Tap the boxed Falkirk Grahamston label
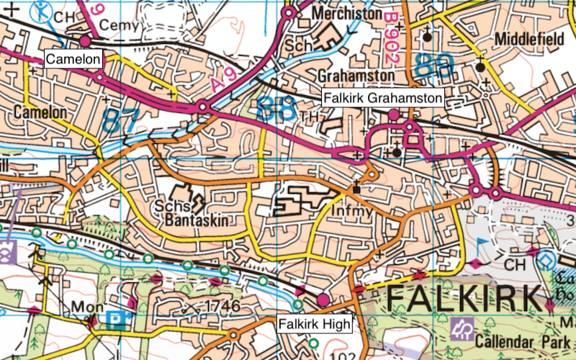click(382, 97)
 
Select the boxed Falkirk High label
click(315, 324)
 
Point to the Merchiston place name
click(348, 14)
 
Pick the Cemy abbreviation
click(118, 26)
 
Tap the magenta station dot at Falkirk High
click(323, 299)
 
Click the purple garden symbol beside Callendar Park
click(460, 330)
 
